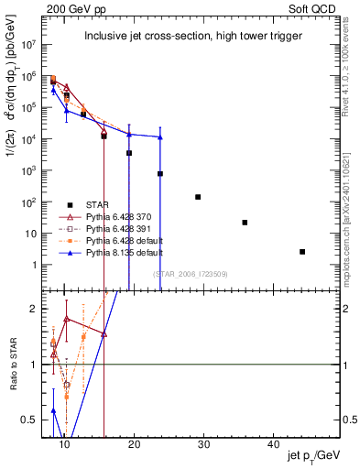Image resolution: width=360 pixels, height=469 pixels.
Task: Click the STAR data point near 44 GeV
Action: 302,251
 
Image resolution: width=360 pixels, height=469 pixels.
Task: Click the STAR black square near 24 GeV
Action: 160,173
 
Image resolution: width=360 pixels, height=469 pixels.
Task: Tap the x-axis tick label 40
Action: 273,444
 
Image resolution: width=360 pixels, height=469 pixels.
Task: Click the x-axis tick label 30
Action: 203,444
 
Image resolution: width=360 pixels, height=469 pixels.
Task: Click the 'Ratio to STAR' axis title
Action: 14,364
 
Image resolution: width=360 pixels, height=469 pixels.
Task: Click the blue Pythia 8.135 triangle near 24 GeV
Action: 160,137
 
